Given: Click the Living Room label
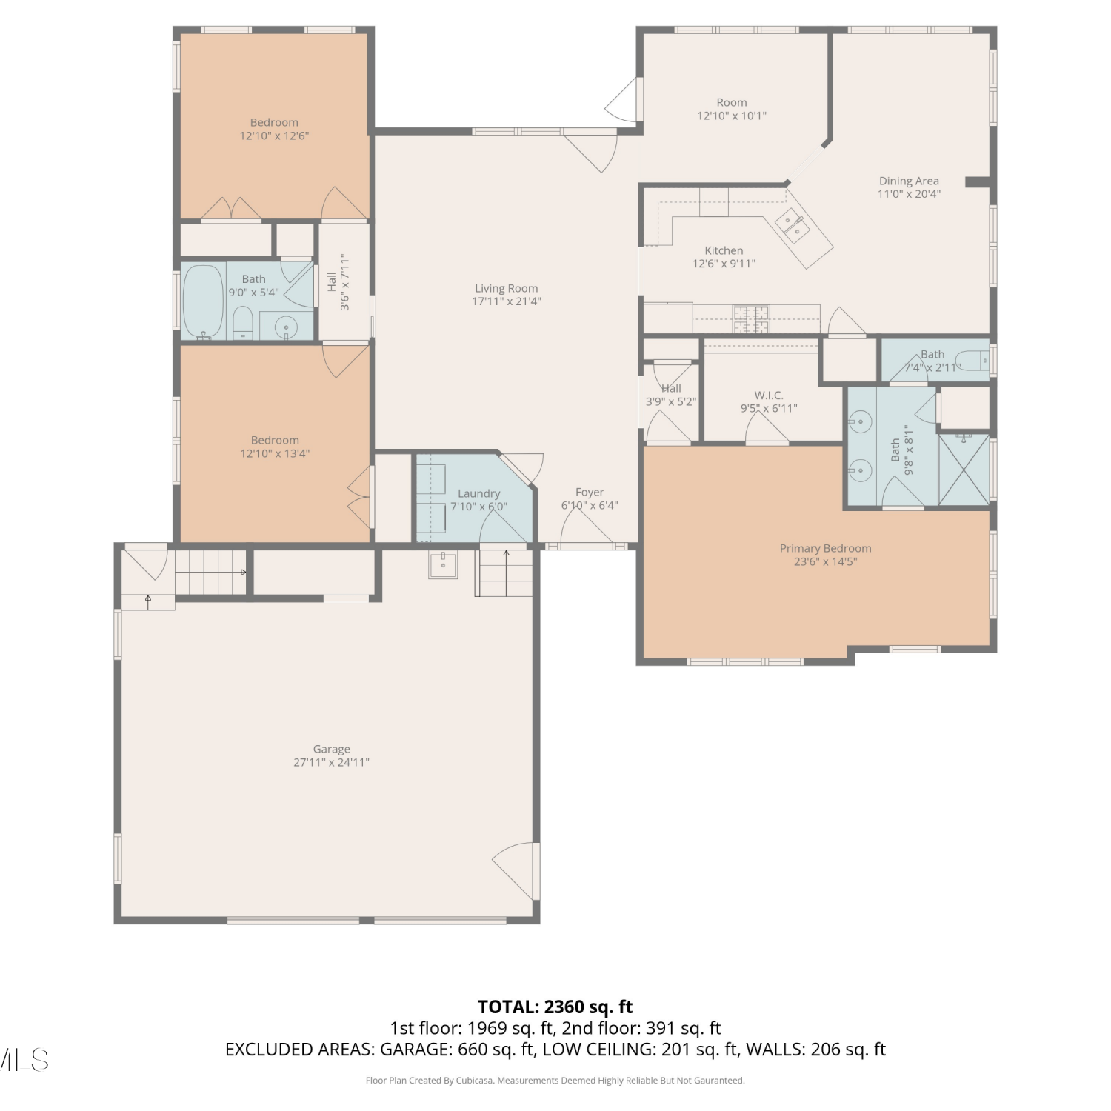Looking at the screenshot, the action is click(x=507, y=289).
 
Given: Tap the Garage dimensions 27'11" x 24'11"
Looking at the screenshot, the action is click(x=331, y=762).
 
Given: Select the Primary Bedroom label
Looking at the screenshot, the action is click(x=825, y=549).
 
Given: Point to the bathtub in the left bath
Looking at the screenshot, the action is click(x=204, y=301).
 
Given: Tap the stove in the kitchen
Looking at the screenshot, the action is click(x=751, y=318).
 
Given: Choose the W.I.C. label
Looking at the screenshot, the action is click(x=769, y=396).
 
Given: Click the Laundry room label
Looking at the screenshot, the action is click(x=478, y=493).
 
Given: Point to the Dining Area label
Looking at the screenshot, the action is click(x=909, y=181).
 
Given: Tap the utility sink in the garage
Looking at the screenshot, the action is click(x=443, y=565).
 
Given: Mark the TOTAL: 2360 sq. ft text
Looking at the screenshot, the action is click(x=555, y=1007).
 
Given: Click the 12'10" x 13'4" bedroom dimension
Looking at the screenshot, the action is click(x=275, y=453).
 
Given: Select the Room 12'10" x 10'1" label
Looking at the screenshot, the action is click(x=732, y=109).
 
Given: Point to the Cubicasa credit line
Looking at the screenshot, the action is click(x=555, y=1081).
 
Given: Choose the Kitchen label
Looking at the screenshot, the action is click(x=724, y=251).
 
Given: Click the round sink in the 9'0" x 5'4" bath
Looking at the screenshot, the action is click(x=286, y=327).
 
